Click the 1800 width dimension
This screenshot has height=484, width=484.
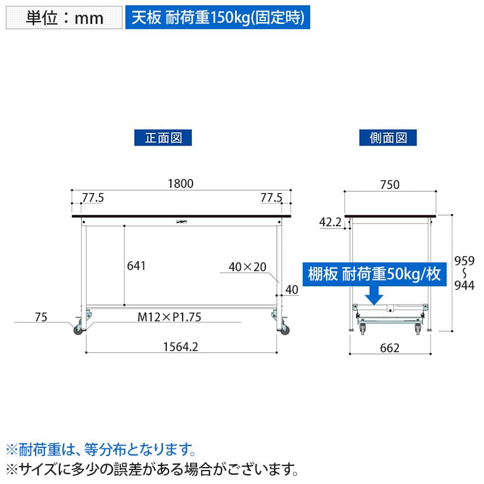pyautogui.click(x=181, y=184)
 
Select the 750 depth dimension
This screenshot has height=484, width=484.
pyautogui.click(x=390, y=185)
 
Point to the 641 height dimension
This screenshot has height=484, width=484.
pyautogui.click(x=136, y=266)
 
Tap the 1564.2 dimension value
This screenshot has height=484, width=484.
pyautogui.click(x=181, y=347)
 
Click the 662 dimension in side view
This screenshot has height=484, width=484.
pyautogui.click(x=390, y=348)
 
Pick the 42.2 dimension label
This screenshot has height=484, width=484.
pyautogui.click(x=330, y=222)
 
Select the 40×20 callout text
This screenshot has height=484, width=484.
pyautogui.click(x=248, y=267)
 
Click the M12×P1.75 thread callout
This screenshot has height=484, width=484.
pyautogui.click(x=169, y=317)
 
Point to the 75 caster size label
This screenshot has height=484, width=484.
pyautogui.click(x=41, y=317)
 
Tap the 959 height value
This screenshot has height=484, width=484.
pyautogui.click(x=464, y=261)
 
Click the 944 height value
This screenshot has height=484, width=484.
pyautogui.click(x=464, y=286)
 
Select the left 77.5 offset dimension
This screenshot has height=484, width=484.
pyautogui.click(x=93, y=198)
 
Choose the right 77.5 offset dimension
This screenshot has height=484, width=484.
pyautogui.click(x=271, y=198)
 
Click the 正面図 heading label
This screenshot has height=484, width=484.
pyautogui.click(x=163, y=138)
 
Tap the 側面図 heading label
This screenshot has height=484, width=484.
pyautogui.click(x=388, y=138)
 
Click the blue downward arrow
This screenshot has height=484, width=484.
pyautogui.click(x=374, y=296)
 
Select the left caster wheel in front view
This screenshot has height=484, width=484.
pyautogui.click(x=78, y=330)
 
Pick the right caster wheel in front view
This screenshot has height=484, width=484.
pyautogui.click(x=285, y=330)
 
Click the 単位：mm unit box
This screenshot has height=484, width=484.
pyautogui.click(x=64, y=17)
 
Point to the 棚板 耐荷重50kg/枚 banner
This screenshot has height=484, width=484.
pyautogui.click(x=374, y=274)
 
